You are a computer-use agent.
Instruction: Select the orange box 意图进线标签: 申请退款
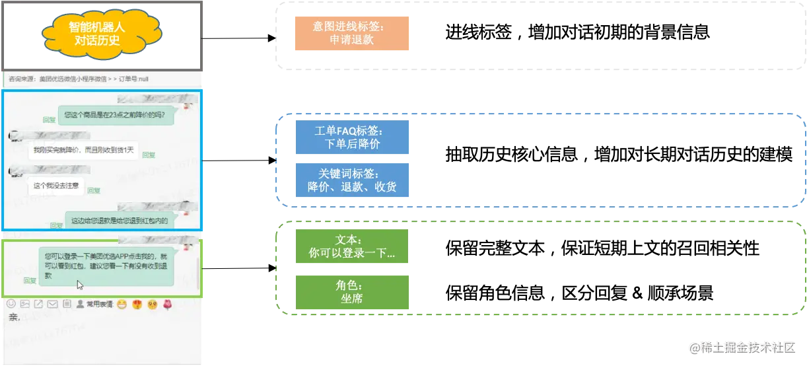(x=351, y=34)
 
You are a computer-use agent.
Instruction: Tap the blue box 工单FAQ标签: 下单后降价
(x=353, y=137)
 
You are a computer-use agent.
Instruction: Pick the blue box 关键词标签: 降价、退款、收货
(x=353, y=180)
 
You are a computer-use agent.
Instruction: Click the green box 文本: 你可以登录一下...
(x=353, y=246)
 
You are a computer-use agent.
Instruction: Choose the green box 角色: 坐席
(x=353, y=292)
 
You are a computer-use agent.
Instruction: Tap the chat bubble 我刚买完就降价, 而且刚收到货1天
(x=83, y=151)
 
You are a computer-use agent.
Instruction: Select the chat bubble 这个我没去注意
(x=55, y=186)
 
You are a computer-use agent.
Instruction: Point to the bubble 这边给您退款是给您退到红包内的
(x=120, y=221)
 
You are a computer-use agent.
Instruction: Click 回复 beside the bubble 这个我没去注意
(x=94, y=190)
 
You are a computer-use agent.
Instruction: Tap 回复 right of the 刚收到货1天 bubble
(x=149, y=155)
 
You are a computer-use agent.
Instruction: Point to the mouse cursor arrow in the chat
(x=80, y=285)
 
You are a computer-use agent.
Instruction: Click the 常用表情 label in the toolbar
(x=100, y=305)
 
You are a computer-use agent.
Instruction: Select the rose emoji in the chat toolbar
(x=167, y=305)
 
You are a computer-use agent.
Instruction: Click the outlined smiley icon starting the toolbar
(x=11, y=305)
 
